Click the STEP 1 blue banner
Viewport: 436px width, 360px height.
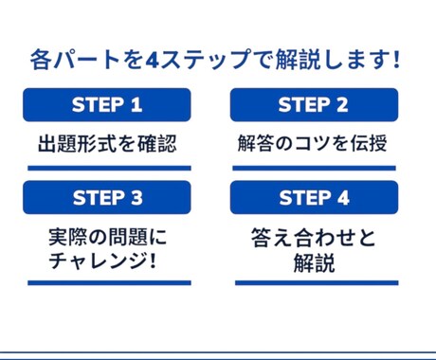[x=107, y=104]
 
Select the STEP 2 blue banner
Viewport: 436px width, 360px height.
[x=314, y=104]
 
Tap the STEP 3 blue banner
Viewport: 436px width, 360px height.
[x=107, y=197]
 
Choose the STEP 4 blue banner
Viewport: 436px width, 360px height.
[x=314, y=197]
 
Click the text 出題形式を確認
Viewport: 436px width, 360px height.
[x=107, y=144]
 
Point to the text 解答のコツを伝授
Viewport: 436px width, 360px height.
[x=314, y=144]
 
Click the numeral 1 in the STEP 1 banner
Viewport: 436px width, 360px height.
[x=136, y=104]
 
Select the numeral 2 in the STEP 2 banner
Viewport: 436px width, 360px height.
[x=343, y=104]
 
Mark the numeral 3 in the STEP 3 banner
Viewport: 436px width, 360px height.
[x=136, y=197]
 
